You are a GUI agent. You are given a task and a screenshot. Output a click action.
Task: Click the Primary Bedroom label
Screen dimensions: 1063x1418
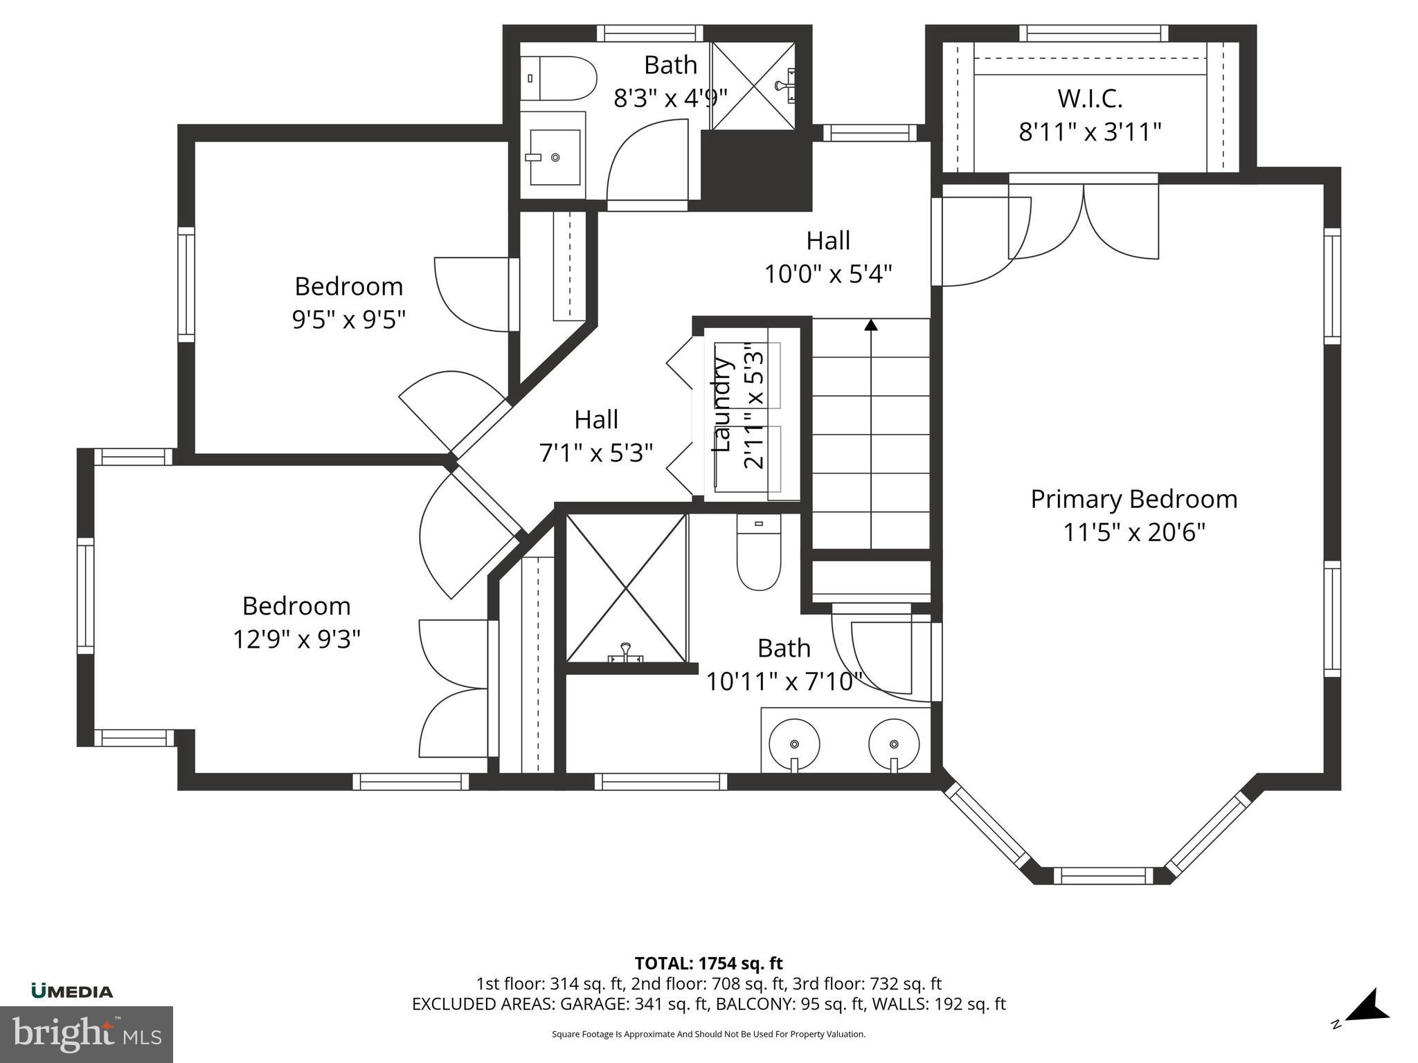[x=1133, y=499]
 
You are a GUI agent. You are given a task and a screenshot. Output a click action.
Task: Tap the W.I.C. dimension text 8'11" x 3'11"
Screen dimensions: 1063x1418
[x=1090, y=131]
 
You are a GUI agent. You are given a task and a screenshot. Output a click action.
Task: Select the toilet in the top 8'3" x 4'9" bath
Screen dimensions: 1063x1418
[x=559, y=78]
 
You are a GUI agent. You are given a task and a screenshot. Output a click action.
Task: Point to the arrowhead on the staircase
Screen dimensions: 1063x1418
[x=871, y=325]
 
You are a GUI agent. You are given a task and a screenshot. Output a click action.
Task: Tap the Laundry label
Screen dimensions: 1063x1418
[x=722, y=406]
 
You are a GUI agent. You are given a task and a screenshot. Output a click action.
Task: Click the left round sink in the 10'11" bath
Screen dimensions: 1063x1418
[x=794, y=745]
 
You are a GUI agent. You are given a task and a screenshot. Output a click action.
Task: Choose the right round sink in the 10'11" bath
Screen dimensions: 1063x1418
[x=894, y=745]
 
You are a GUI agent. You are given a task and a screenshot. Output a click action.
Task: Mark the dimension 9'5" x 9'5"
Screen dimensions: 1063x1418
[x=348, y=320]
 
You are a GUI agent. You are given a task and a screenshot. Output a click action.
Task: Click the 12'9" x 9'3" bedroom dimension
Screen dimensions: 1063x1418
[x=296, y=639]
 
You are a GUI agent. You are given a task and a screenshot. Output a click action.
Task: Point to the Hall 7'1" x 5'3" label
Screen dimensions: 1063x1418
[x=596, y=436]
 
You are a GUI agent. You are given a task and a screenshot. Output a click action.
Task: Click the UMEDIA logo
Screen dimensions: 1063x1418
[x=72, y=991]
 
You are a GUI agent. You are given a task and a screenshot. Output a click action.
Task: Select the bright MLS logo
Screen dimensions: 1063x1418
[x=86, y=1034]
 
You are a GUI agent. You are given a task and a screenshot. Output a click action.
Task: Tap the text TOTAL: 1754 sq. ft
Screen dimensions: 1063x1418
[x=708, y=963]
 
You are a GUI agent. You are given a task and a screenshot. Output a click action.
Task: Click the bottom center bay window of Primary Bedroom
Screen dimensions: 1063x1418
[x=1104, y=875]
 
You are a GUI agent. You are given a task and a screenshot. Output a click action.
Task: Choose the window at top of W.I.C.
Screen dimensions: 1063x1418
[x=1093, y=33]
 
